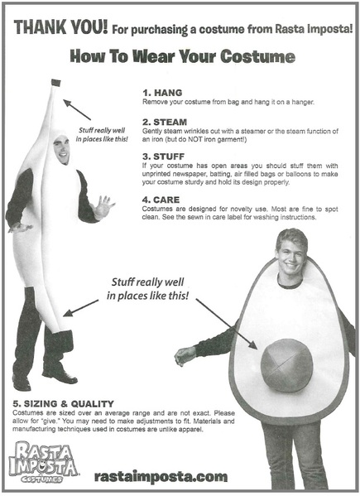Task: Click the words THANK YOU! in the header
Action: (x=60, y=26)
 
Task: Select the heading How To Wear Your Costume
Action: (x=183, y=56)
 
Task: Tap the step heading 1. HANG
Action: (x=162, y=93)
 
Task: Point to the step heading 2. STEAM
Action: (x=165, y=122)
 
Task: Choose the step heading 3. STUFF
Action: (x=163, y=157)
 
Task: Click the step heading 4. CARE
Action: (x=161, y=200)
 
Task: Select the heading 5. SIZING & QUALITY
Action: (x=63, y=403)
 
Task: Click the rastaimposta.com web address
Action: (x=161, y=477)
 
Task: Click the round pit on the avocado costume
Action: (x=286, y=364)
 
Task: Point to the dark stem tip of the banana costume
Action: (x=56, y=83)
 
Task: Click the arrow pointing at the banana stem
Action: (x=77, y=110)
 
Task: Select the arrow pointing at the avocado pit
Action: (x=226, y=324)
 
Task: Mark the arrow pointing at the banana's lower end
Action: (x=81, y=308)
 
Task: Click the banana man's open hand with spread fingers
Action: (x=103, y=207)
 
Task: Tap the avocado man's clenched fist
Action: (x=185, y=355)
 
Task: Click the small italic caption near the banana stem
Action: (x=102, y=135)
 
